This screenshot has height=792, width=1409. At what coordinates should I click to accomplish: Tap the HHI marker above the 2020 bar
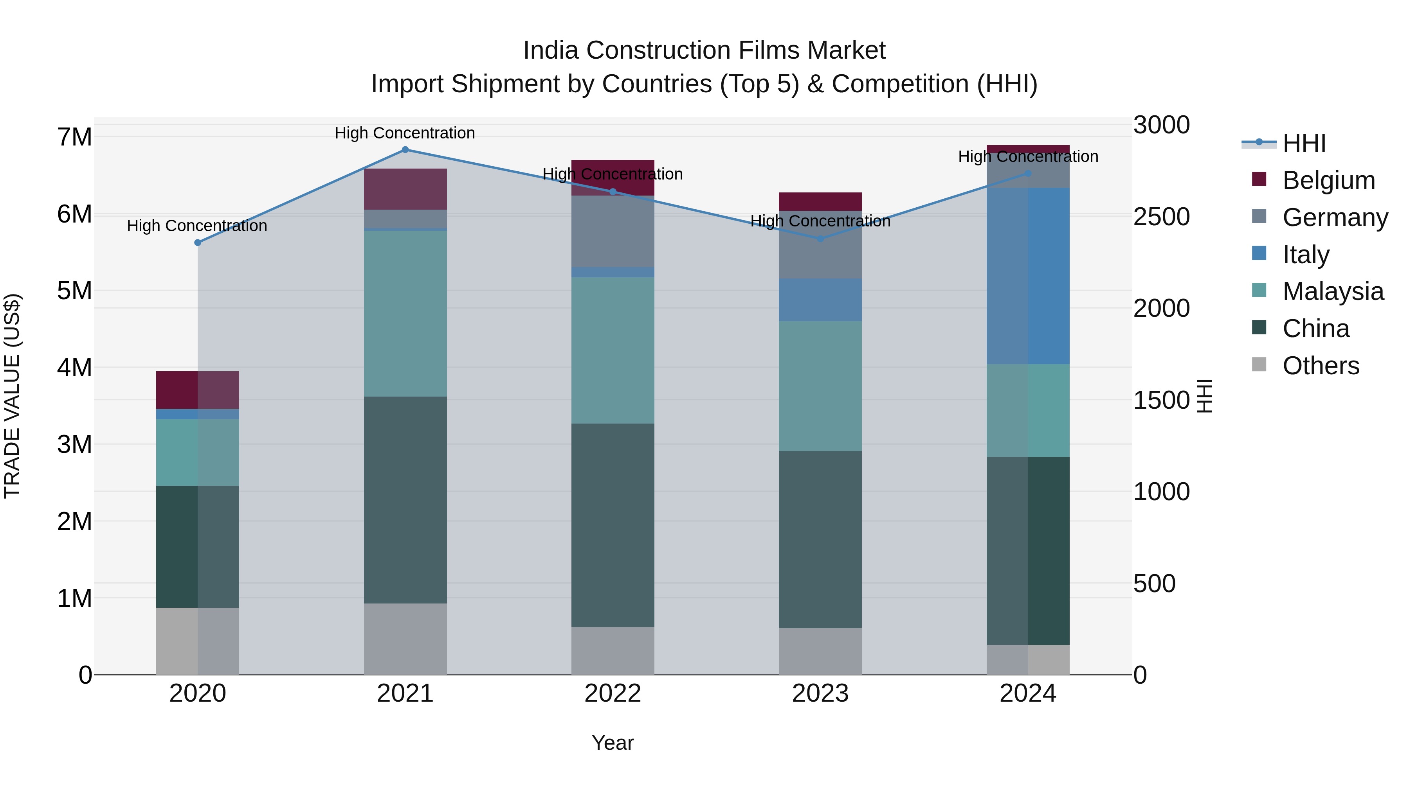click(198, 242)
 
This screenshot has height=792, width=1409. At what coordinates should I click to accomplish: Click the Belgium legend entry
click(1329, 180)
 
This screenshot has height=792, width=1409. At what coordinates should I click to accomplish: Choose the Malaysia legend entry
click(1333, 291)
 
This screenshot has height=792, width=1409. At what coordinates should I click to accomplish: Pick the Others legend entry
click(1321, 366)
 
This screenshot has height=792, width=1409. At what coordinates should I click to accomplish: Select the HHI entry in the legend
click(1304, 143)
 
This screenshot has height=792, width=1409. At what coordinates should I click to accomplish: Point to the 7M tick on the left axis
click(75, 136)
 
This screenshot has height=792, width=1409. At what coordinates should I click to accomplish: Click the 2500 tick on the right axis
click(1161, 216)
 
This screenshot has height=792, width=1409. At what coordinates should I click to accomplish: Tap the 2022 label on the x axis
click(613, 693)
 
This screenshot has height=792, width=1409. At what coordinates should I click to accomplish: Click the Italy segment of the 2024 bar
click(1028, 276)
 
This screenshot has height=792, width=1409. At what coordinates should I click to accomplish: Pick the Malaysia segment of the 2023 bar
click(820, 386)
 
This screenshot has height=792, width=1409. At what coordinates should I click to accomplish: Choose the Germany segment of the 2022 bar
click(613, 231)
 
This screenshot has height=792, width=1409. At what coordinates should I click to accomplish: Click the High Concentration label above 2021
click(405, 133)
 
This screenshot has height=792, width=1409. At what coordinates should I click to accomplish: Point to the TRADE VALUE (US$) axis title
click(12, 396)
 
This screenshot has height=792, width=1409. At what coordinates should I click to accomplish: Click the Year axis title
click(613, 743)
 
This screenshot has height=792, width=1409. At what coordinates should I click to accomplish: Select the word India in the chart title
click(550, 50)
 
